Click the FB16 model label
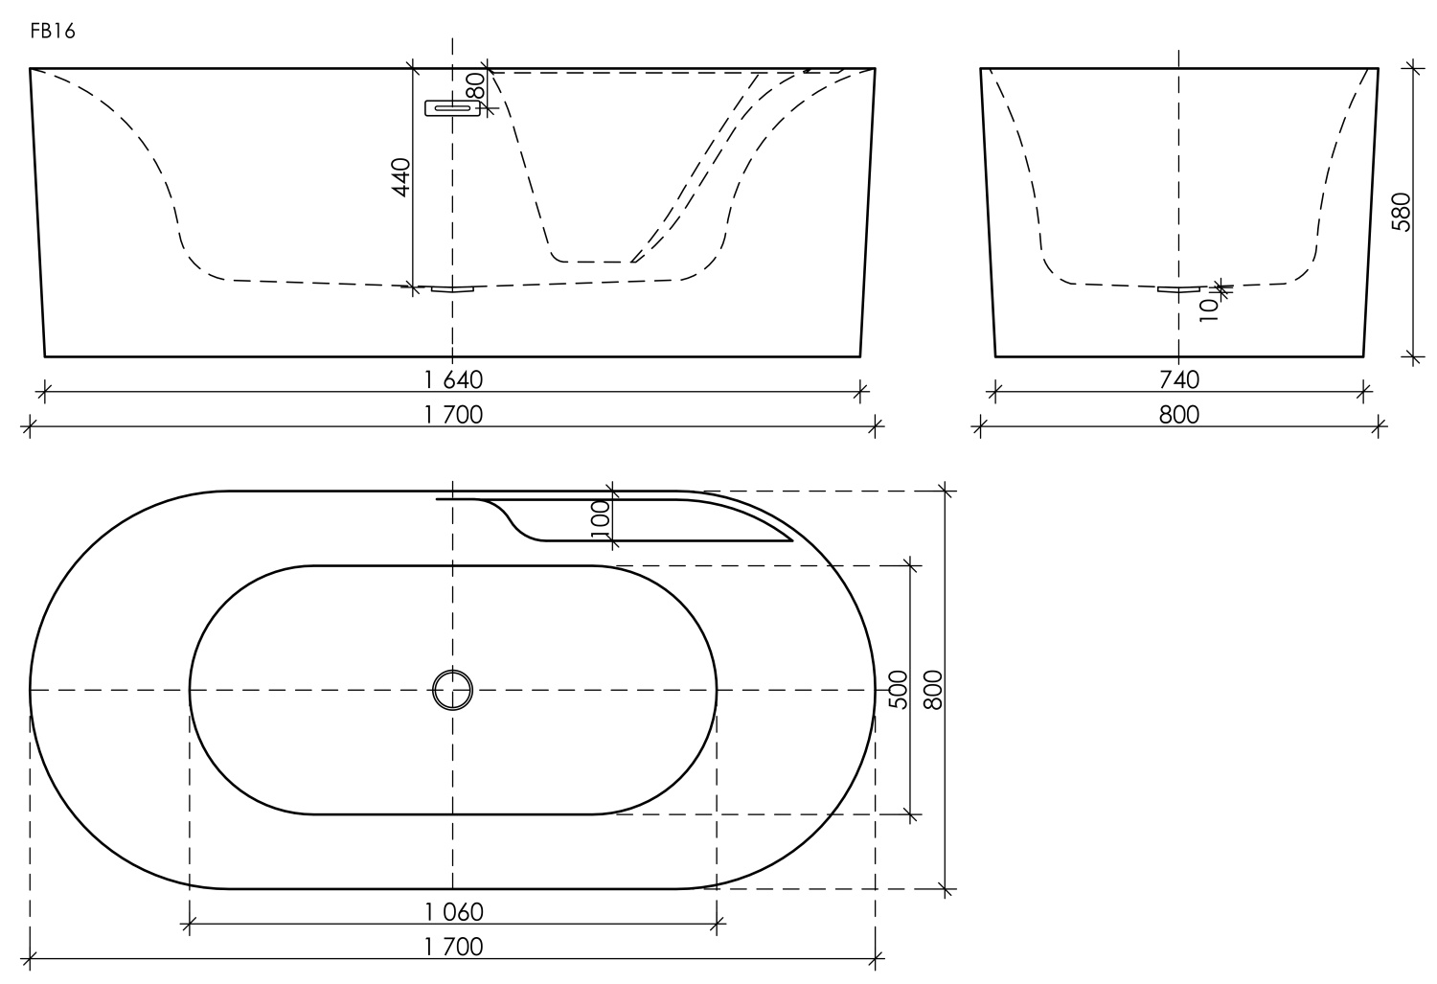tap(53, 32)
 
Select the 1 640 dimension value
tap(453, 379)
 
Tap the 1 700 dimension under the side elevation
tap(453, 414)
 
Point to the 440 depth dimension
tap(401, 177)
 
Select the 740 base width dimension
tap(1178, 379)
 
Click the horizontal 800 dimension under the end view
tap(1178, 414)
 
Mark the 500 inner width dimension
tap(898, 690)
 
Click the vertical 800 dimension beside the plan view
tap(934, 690)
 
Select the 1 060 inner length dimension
tap(453, 911)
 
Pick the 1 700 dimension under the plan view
tap(453, 947)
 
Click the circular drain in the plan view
tap(453, 689)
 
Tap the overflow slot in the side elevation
tap(452, 108)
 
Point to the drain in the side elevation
tap(452, 288)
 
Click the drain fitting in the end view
tap(1178, 288)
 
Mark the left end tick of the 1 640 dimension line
tap(44, 391)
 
